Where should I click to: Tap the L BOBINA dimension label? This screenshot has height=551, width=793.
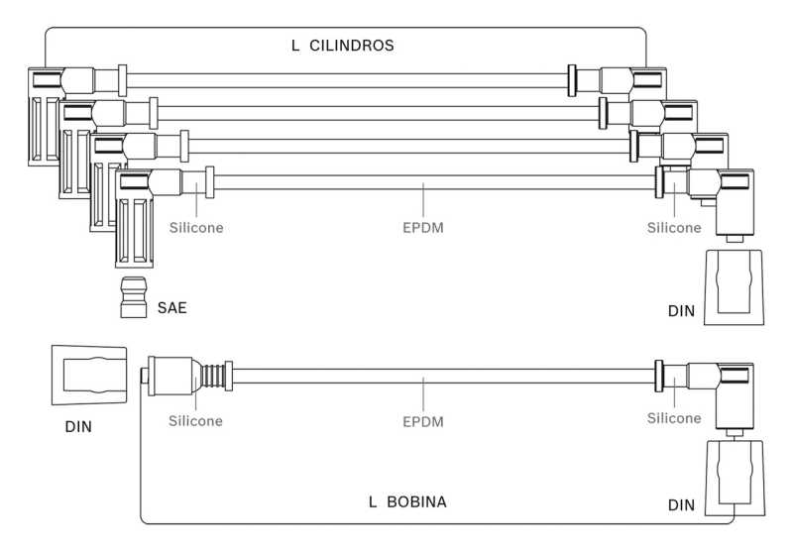click(x=407, y=502)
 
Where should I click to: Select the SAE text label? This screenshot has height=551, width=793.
click(x=172, y=308)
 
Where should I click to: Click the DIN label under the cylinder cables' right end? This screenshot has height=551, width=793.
click(x=680, y=312)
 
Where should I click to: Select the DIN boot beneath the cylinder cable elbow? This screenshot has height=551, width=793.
click(x=734, y=286)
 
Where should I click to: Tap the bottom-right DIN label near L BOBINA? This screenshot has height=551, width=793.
click(x=681, y=505)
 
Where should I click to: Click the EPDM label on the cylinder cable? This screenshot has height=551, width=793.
click(x=422, y=228)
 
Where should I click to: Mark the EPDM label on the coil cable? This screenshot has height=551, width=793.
click(x=422, y=421)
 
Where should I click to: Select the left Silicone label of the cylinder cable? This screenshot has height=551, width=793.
click(x=195, y=228)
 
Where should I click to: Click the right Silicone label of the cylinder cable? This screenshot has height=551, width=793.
click(x=674, y=228)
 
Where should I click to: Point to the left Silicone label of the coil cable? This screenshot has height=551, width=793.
click(x=195, y=421)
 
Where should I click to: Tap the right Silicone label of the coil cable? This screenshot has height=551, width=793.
click(x=674, y=419)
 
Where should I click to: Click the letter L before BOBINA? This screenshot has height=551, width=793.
click(x=373, y=502)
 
